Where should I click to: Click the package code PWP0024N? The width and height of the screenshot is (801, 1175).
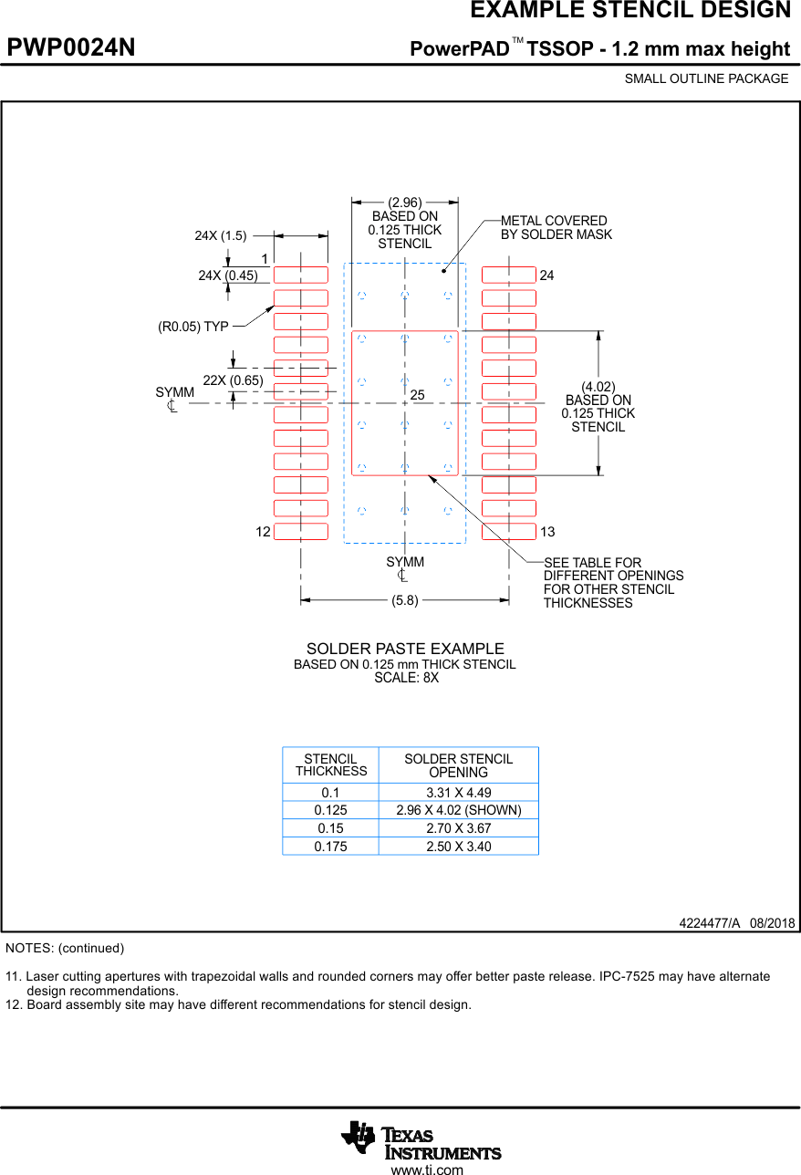[x=71, y=48]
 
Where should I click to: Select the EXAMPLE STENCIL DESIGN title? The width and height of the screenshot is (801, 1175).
[x=629, y=11]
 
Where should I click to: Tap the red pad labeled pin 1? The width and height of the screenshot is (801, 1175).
[x=300, y=275]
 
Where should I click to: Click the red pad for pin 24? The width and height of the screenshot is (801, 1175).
[x=508, y=275]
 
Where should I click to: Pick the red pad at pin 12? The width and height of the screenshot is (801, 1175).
[x=300, y=532]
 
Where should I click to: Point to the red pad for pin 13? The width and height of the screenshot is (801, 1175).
[x=508, y=532]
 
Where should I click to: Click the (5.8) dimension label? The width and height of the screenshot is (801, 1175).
[x=405, y=600]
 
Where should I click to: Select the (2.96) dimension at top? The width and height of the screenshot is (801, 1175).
[x=405, y=203]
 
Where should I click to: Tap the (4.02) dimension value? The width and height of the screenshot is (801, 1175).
[x=598, y=387]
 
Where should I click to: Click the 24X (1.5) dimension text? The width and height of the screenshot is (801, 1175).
[x=221, y=235]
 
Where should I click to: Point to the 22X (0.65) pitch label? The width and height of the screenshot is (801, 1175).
[x=233, y=380]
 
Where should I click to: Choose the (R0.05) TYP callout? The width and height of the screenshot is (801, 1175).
[x=193, y=326]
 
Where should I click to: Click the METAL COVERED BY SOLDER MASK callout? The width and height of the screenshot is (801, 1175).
[x=556, y=228]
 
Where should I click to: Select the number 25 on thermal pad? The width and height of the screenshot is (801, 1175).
[x=418, y=395]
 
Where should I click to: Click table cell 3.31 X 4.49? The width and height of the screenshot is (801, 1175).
[x=458, y=793]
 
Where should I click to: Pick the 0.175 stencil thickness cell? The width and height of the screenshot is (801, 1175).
[x=330, y=847]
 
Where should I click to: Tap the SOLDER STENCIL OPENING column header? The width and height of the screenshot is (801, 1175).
[x=458, y=765]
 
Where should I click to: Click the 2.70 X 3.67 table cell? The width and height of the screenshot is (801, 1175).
[x=458, y=828]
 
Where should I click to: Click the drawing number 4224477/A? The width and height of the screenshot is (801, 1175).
[x=709, y=922]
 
